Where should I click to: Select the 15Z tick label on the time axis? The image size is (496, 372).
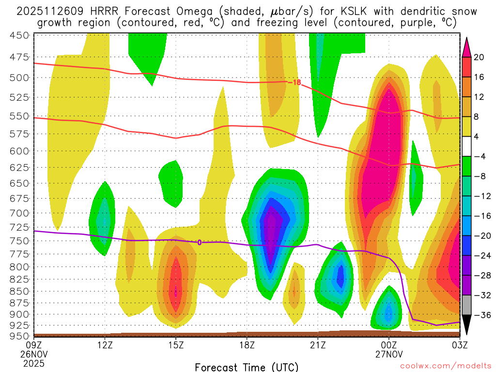pyautogui.click(x=176, y=345)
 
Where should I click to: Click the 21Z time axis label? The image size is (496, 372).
pyautogui.click(x=318, y=345)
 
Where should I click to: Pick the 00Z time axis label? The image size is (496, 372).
pyautogui.click(x=389, y=345)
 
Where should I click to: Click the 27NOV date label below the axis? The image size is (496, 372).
pyautogui.click(x=389, y=354)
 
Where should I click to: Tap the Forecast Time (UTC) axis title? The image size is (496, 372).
pyautogui.click(x=247, y=367)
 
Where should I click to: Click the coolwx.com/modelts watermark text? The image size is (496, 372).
pyautogui.click(x=446, y=367)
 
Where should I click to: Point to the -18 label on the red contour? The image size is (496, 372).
pyautogui.click(x=294, y=82)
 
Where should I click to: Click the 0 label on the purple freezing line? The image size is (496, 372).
pyautogui.click(x=199, y=242)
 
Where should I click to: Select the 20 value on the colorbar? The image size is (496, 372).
pyautogui.click(x=479, y=57)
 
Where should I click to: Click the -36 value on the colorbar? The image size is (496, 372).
pyautogui.click(x=479, y=315)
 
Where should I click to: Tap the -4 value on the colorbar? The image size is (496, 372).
pyautogui.click(x=479, y=156)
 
